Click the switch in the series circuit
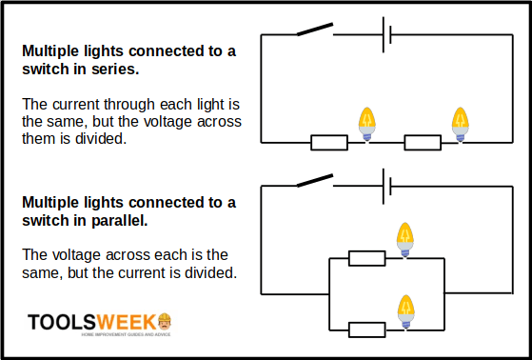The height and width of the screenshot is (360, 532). [x=314, y=30]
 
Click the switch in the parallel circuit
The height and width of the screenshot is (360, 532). [x=314, y=179]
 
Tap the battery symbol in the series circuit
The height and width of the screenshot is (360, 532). [x=387, y=36]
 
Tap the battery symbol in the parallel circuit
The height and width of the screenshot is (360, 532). [x=387, y=185]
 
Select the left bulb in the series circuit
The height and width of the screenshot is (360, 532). [x=366, y=123]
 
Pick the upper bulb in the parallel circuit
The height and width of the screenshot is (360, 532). [x=405, y=237]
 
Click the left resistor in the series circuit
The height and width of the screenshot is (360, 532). [x=328, y=143]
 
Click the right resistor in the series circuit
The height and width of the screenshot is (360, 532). [x=423, y=143]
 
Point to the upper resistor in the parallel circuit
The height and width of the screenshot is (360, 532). [x=366, y=257]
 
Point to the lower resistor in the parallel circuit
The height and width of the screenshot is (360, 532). [x=366, y=330]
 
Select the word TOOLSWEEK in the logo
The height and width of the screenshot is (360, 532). [x=90, y=322]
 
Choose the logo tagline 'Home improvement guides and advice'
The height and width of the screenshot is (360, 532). [x=127, y=334]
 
